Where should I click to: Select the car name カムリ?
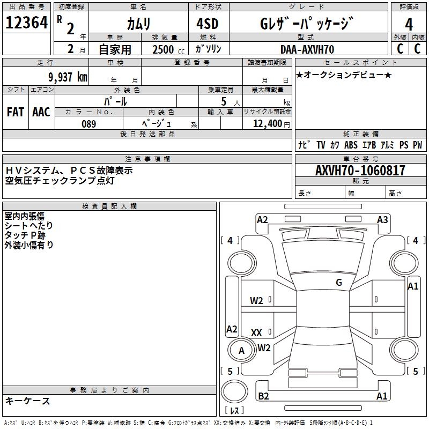pos(138,24)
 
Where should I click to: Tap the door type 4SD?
pos(208,24)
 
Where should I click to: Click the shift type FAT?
pos(15,112)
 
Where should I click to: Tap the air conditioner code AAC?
pos(41,112)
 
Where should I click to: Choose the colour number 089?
pos(89,124)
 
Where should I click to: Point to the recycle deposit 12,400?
pos(268,124)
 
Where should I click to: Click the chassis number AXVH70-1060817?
pos(360,171)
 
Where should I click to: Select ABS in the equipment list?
pos(351,145)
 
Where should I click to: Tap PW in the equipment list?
pos(417,145)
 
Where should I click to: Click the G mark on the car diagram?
pos(338,283)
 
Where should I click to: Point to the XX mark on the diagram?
pos(256,333)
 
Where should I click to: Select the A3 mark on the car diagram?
pos(382,219)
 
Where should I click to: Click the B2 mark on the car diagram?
pos(263,396)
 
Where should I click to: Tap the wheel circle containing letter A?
pos(241,351)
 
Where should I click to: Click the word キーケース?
pos(27,401)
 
